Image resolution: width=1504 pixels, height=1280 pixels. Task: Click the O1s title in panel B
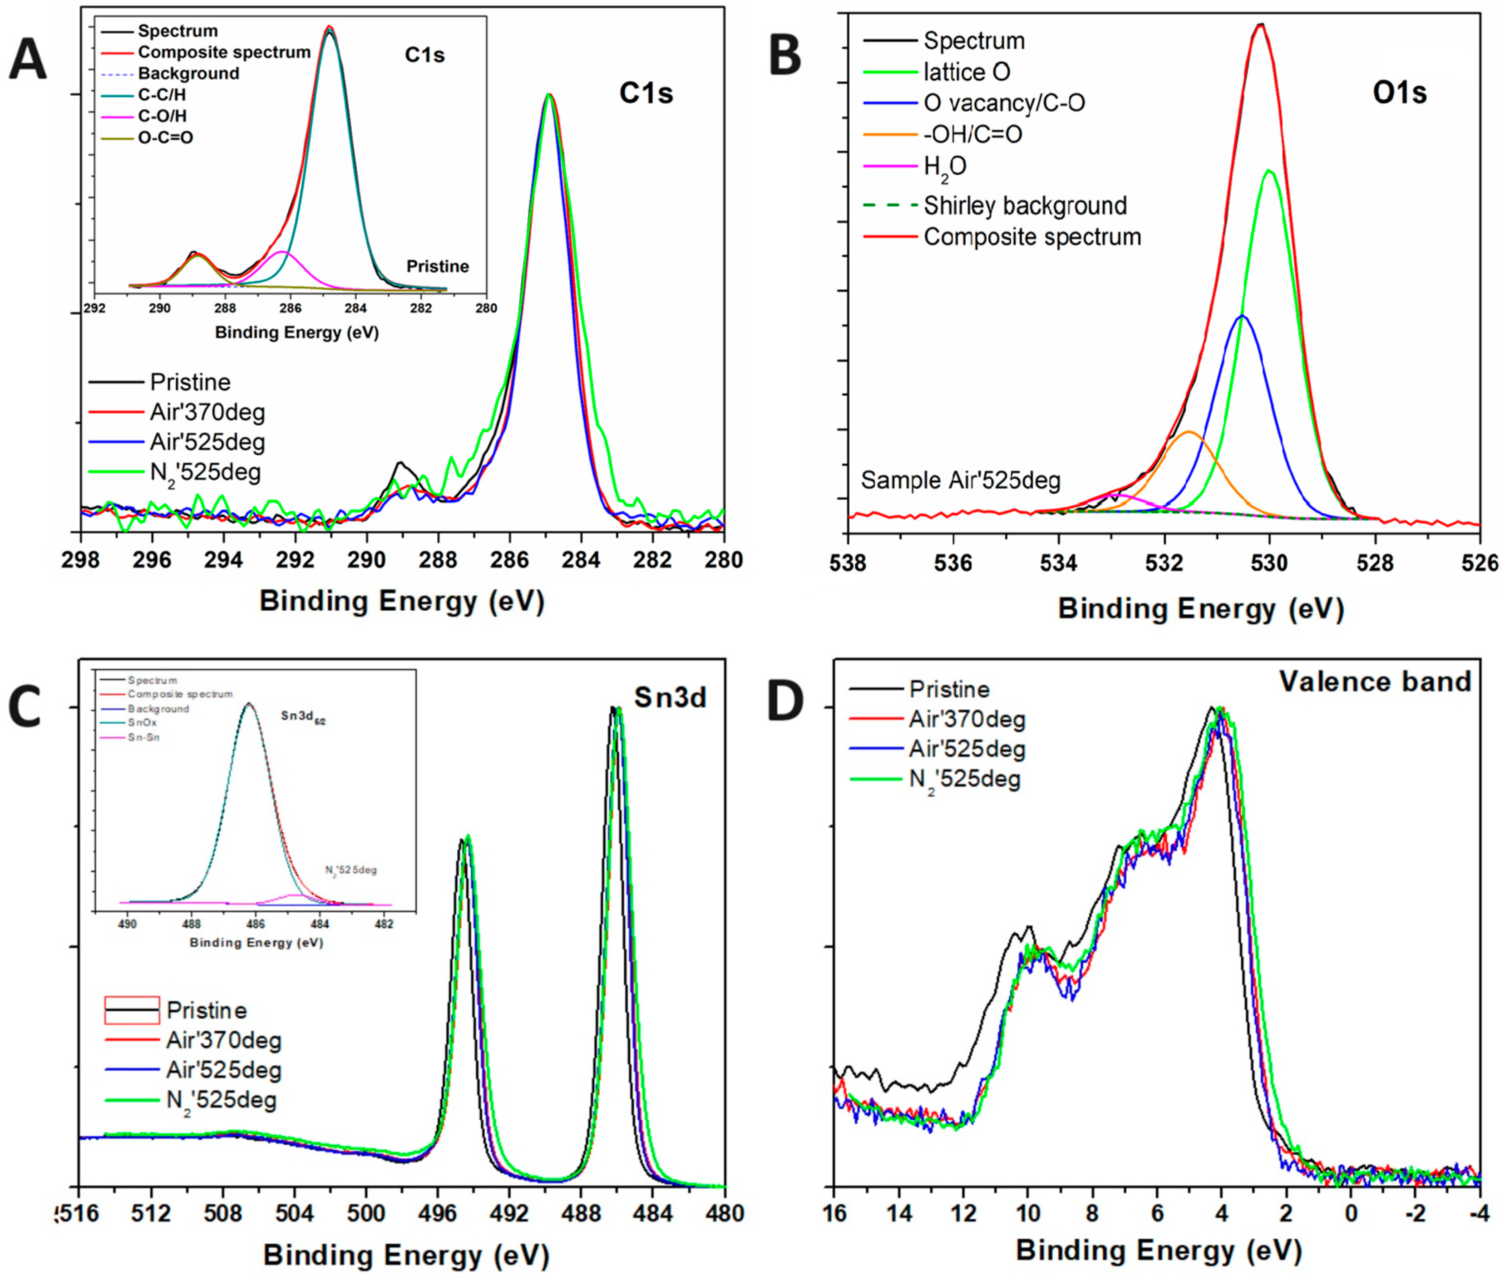(1399, 93)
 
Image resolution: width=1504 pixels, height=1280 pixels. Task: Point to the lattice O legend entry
(966, 72)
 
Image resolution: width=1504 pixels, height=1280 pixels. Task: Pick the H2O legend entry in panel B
(944, 167)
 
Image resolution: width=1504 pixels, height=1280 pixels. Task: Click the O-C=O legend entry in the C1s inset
(166, 137)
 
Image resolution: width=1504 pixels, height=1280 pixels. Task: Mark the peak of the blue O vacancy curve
(1242, 316)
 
